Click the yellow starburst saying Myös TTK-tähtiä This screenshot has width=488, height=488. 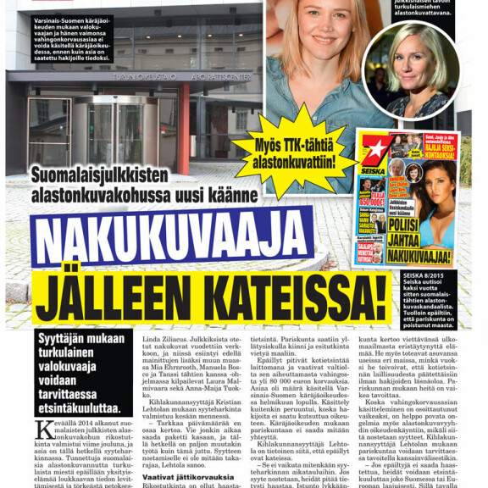coord(295,151)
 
